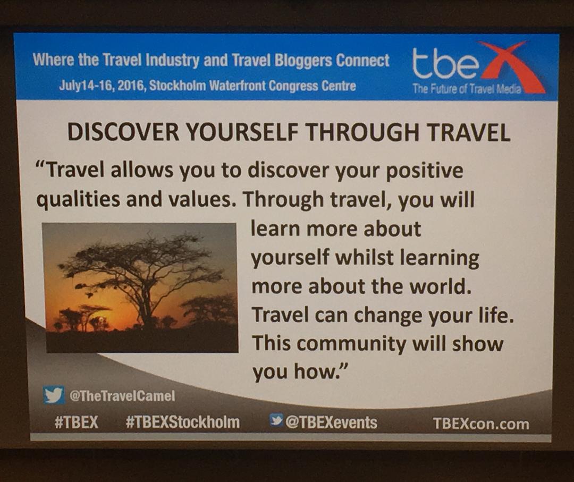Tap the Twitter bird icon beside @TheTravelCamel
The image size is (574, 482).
pos(54,395)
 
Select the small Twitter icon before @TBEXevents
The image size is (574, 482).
pos(276,420)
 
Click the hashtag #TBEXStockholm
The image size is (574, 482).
pos(182,422)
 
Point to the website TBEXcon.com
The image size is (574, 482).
pos(481,424)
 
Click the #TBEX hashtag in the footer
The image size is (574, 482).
pos(76,422)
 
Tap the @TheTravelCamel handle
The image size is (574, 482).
pos(122,395)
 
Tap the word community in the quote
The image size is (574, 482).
pos(354,344)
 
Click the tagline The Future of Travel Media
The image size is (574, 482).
pos(467,89)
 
